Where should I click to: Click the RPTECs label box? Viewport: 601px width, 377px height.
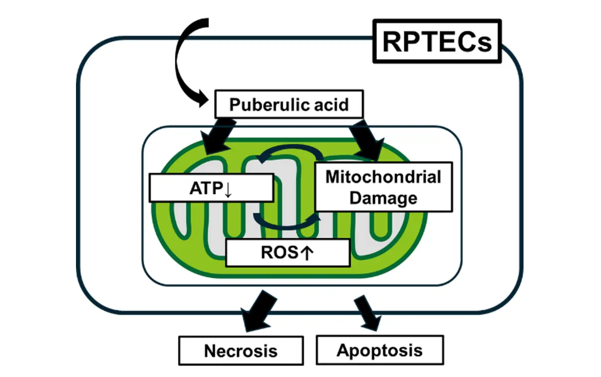point(437,41)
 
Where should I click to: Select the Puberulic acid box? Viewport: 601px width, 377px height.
point(289,105)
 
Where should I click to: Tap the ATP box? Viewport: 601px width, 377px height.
point(212,188)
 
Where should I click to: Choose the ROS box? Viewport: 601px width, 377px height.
point(288,252)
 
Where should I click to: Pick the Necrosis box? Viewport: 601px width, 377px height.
point(240,351)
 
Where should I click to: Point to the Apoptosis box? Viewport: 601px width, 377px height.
point(379,350)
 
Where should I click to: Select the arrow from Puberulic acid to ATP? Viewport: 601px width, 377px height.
point(212,135)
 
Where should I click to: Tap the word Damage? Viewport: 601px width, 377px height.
point(383,197)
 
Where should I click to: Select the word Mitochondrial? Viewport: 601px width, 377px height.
point(383,177)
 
